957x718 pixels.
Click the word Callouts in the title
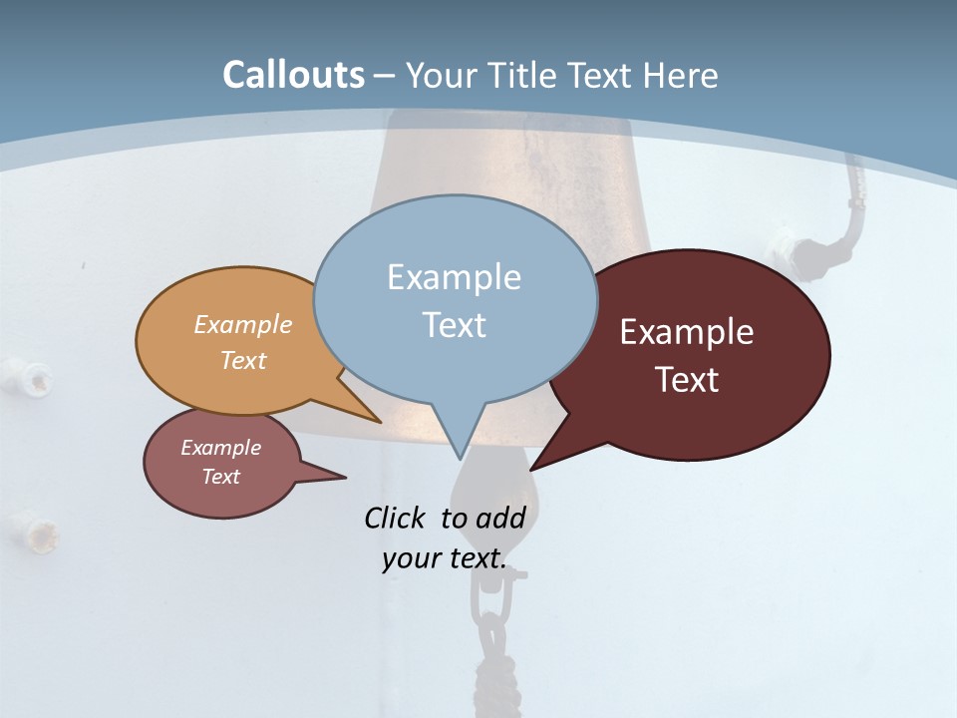tap(293, 75)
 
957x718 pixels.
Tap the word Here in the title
tap(681, 75)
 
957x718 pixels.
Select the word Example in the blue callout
tap(454, 277)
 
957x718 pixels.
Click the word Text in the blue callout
tap(454, 325)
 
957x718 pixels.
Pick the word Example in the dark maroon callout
tap(687, 332)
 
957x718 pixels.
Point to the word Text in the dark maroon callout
tap(687, 380)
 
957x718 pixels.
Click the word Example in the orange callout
tap(243, 324)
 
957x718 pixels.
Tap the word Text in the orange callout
tap(243, 360)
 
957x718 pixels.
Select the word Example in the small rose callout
tap(220, 448)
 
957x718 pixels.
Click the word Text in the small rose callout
tap(220, 477)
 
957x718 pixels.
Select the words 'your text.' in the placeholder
tap(443, 558)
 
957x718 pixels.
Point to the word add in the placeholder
tap(499, 518)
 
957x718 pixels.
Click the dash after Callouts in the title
tap(384, 76)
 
